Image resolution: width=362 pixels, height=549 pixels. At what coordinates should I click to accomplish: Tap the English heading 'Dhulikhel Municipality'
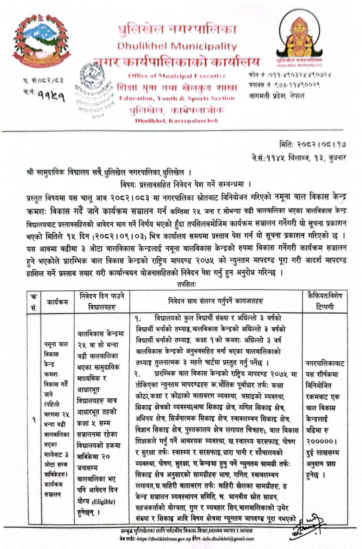(x=177, y=46)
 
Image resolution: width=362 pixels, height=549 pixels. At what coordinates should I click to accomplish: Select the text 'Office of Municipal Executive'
(x=177, y=76)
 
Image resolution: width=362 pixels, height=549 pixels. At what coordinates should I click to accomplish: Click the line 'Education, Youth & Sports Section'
(x=177, y=98)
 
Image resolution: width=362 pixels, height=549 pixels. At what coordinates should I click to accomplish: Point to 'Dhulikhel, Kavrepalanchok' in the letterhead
(x=177, y=121)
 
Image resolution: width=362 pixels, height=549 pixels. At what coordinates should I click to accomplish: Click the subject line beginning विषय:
(x=186, y=184)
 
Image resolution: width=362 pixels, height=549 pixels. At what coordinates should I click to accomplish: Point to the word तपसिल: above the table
(x=187, y=284)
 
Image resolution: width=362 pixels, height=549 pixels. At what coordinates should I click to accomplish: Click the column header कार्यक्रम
(x=57, y=302)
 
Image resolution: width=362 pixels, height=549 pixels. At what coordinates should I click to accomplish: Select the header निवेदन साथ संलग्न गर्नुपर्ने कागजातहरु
(x=216, y=301)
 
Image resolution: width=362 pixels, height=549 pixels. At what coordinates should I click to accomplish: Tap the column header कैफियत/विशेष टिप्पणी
(x=325, y=301)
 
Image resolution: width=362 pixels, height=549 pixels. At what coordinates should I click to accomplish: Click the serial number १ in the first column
(x=34, y=419)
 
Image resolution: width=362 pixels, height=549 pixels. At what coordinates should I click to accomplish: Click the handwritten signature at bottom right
(x=308, y=523)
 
